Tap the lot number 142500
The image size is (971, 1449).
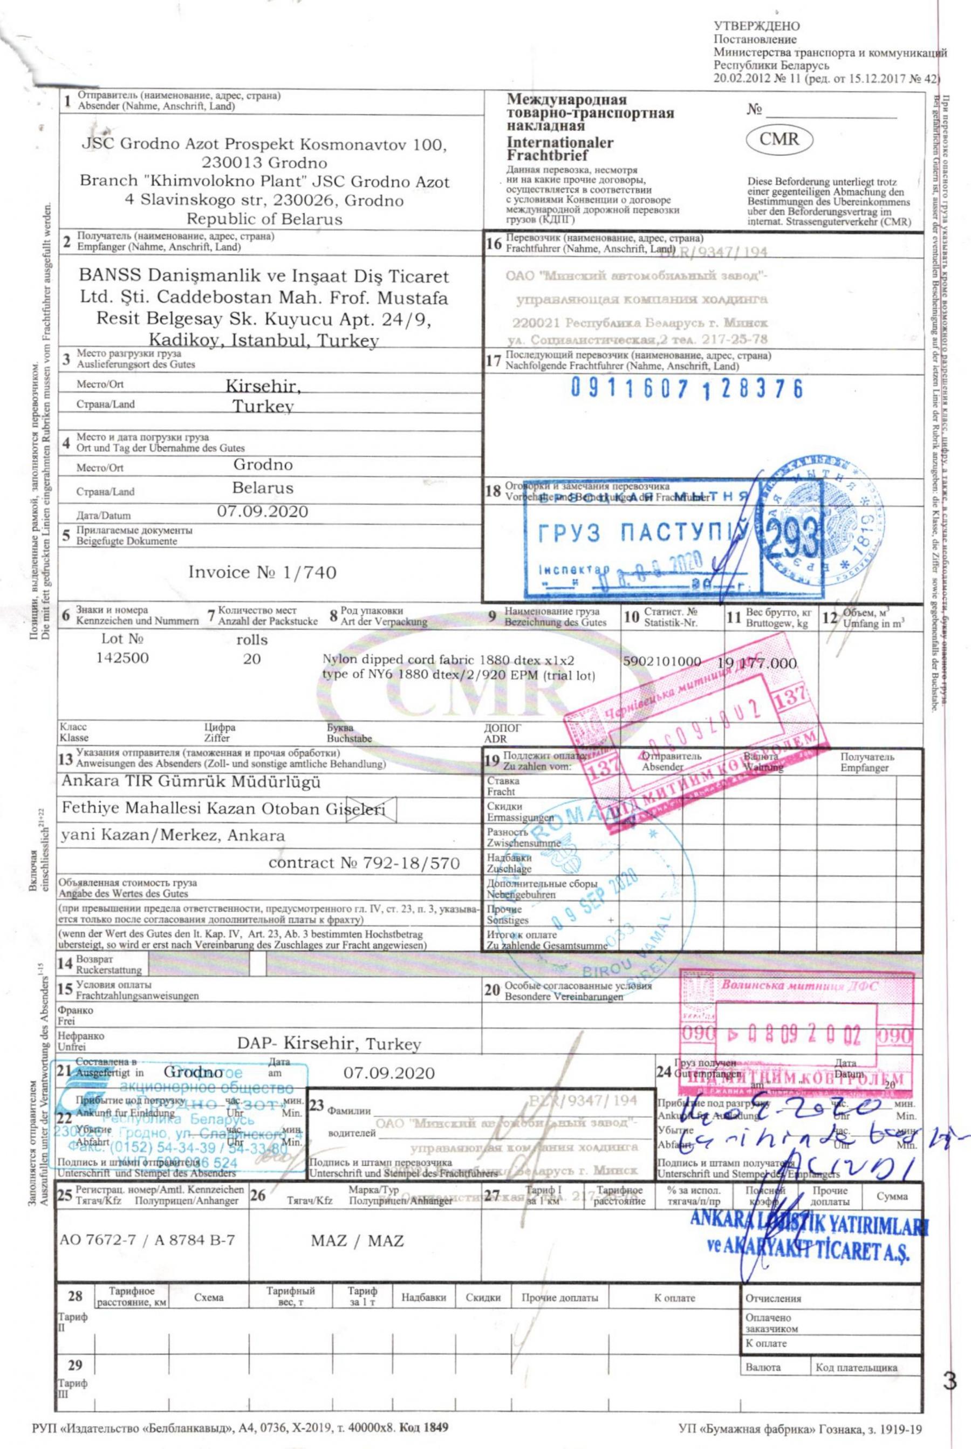tap(122, 658)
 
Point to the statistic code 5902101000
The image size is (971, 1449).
tap(662, 661)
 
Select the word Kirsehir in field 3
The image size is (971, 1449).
tap(263, 386)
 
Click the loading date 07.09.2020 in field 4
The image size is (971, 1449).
tap(262, 512)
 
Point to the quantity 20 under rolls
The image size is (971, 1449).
tap(251, 658)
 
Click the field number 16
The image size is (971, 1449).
tap(494, 243)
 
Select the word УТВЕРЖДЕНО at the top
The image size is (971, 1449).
tap(757, 26)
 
